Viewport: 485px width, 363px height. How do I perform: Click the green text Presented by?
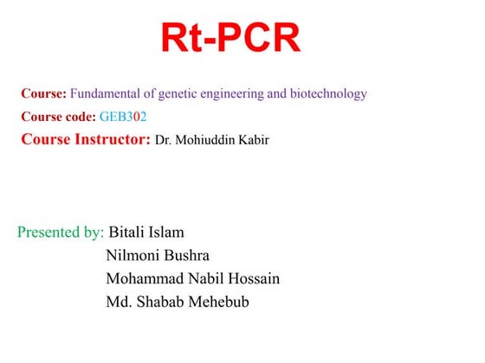(x=61, y=232)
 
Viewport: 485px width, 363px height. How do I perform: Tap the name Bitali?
(x=127, y=232)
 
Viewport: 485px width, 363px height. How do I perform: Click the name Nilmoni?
(x=133, y=255)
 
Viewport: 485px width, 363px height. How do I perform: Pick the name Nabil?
(x=203, y=278)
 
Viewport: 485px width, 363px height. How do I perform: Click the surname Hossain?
(x=253, y=278)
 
